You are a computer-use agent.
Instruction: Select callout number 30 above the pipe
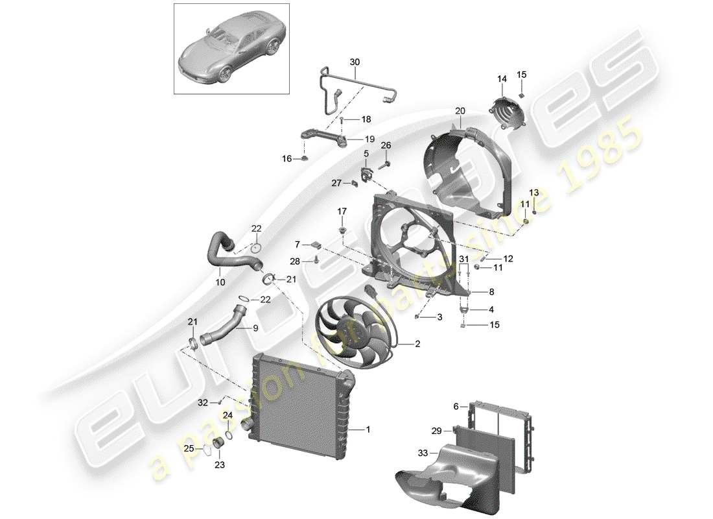point(354,62)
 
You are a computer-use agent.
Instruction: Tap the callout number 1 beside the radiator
point(369,429)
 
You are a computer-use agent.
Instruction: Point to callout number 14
point(502,79)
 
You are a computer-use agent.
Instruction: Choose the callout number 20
point(460,111)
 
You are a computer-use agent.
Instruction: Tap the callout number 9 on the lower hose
point(255,328)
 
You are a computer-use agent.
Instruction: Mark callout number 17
point(342,211)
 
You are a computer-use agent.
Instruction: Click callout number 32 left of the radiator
point(204,402)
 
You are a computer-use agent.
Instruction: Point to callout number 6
point(456,407)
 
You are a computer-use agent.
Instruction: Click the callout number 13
point(533,193)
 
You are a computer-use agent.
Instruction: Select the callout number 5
point(366,154)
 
